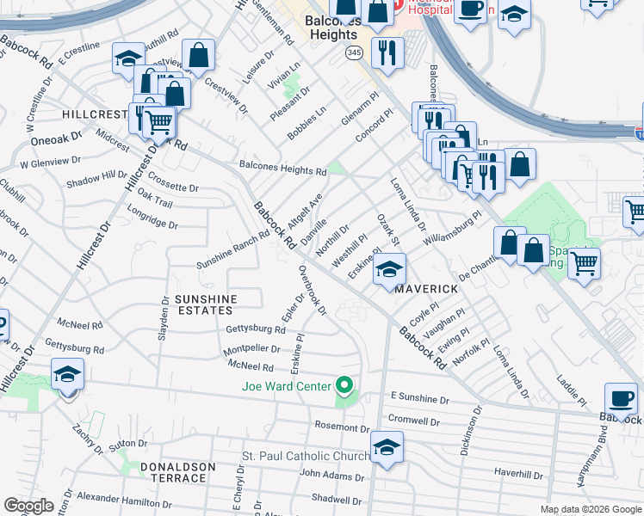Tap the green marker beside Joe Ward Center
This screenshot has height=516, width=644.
click(345, 385)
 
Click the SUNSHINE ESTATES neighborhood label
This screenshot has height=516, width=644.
click(205, 304)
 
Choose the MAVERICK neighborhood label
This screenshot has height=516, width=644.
click(424, 290)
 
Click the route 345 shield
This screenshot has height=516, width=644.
click(354, 53)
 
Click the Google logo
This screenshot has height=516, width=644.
click(28, 506)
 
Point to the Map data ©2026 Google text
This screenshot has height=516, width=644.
click(590, 509)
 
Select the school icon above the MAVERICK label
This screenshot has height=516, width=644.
click(389, 269)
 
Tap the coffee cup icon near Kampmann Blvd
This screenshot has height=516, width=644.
click(620, 397)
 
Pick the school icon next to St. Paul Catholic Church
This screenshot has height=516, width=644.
click(387, 447)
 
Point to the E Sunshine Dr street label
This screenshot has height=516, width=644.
click(420, 398)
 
